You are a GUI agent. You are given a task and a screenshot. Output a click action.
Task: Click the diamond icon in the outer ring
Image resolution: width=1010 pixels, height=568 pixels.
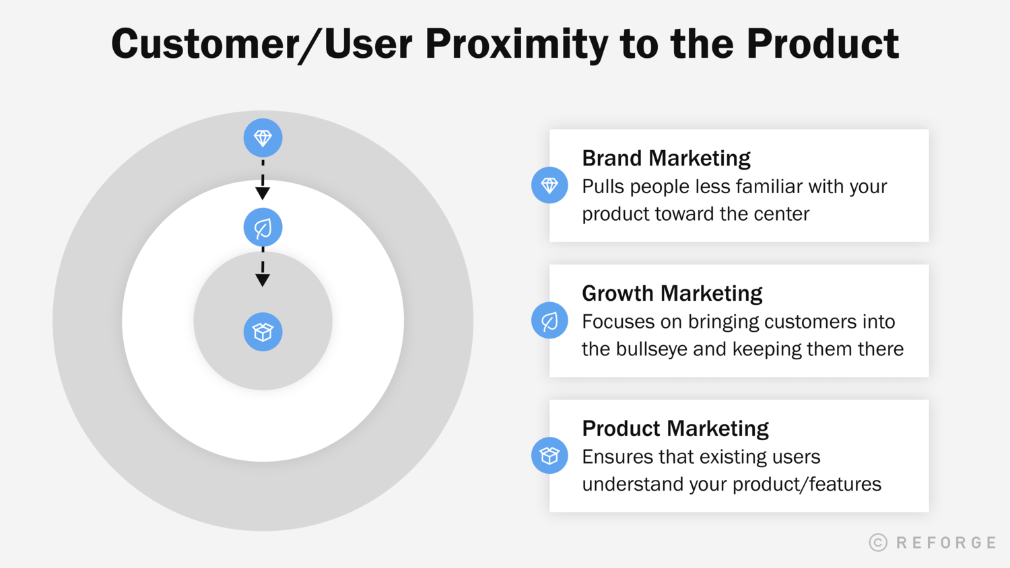click(x=263, y=138)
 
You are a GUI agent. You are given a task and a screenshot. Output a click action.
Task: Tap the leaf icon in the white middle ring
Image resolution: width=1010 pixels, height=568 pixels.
click(x=263, y=228)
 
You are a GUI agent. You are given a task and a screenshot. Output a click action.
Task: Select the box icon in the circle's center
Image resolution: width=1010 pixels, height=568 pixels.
click(x=263, y=332)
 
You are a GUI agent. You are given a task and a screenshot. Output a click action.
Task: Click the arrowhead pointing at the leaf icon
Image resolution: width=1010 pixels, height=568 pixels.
click(x=263, y=194)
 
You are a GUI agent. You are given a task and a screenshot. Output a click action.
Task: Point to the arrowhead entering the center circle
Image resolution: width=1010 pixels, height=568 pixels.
click(x=263, y=280)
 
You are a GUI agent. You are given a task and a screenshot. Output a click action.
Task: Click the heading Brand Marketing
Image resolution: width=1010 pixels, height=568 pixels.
click(x=665, y=158)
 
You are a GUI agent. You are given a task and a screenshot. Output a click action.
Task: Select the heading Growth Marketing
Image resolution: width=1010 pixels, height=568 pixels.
click(x=671, y=293)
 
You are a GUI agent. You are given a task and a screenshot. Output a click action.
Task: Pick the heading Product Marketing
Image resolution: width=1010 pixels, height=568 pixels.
click(x=675, y=429)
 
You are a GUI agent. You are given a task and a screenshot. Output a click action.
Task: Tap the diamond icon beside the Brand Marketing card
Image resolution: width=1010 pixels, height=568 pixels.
click(x=549, y=185)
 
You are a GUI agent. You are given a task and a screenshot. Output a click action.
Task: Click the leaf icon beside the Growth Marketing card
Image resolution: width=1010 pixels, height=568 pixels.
click(x=549, y=320)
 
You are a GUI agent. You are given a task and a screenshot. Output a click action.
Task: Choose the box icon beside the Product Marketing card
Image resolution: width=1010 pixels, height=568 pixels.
click(x=549, y=456)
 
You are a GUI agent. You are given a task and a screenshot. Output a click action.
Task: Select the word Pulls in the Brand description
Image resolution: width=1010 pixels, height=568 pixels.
click(x=603, y=186)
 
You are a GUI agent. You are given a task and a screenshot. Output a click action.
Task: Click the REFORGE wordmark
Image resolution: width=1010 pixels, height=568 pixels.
click(x=946, y=542)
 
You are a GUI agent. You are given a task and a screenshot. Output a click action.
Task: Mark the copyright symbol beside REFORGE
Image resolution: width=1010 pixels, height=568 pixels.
click(x=878, y=542)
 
